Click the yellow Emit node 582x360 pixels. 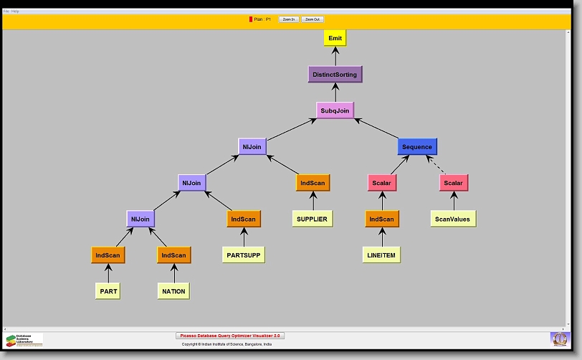[x=335, y=38]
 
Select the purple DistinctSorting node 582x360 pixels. [x=334, y=74]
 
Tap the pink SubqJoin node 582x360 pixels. [x=335, y=111]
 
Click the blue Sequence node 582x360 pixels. [x=417, y=147]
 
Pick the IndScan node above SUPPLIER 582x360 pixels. [x=313, y=183]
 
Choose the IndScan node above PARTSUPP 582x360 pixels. [x=243, y=219]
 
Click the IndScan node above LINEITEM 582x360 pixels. [x=382, y=219]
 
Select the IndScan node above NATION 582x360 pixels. [x=173, y=255]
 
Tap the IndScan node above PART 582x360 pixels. [x=108, y=255]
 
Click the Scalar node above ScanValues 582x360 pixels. [x=453, y=183]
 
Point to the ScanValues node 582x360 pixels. [x=453, y=219]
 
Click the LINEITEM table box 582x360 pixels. [x=382, y=255]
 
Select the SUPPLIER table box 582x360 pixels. [x=313, y=219]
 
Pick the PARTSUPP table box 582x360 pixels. [x=243, y=255]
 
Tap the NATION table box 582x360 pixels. [x=173, y=291]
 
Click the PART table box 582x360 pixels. [x=108, y=291]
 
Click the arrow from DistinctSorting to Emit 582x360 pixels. [x=335, y=56]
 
